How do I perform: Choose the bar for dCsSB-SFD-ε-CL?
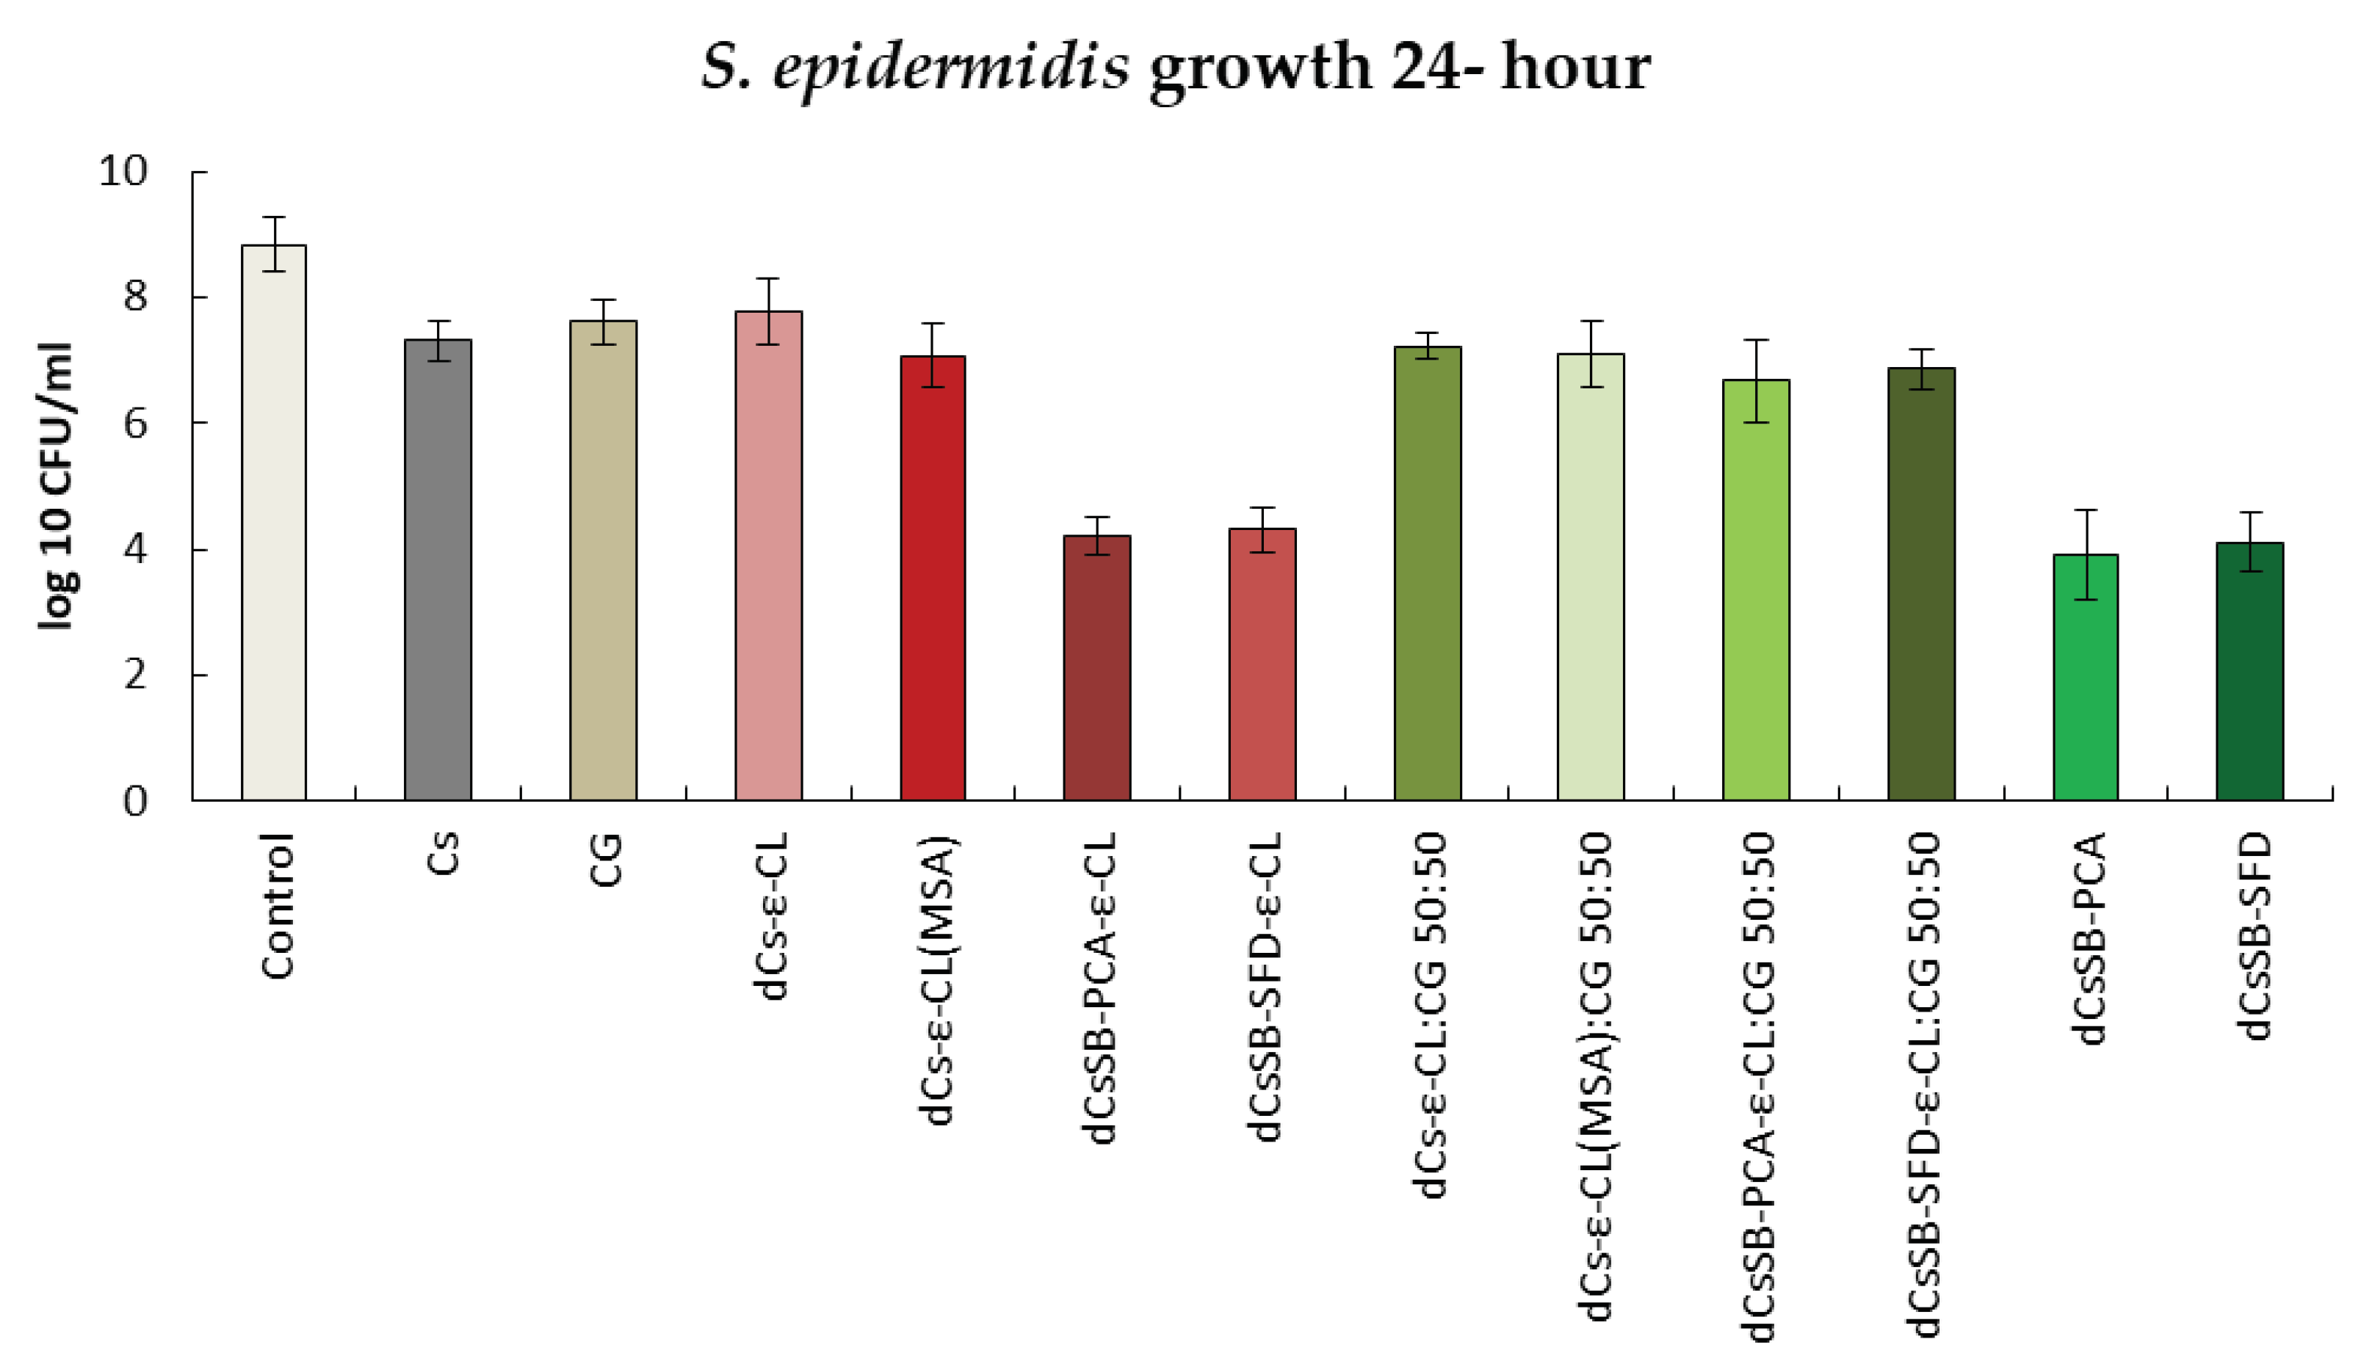pyautogui.click(x=1262, y=664)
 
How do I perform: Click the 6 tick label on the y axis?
pyautogui.click(x=135, y=424)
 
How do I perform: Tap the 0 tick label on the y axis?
pyautogui.click(x=135, y=802)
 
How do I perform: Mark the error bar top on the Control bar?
pyautogui.click(x=274, y=217)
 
